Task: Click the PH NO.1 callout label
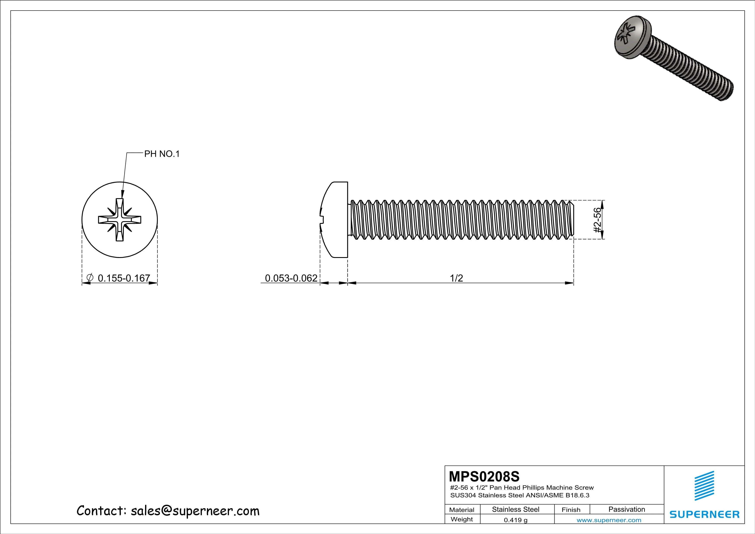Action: tap(162, 154)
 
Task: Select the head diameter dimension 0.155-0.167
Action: tap(124, 278)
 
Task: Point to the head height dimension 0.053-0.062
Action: tap(291, 278)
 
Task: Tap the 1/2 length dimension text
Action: tap(456, 278)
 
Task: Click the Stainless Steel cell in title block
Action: tap(516, 509)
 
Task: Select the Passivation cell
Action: tap(627, 509)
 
